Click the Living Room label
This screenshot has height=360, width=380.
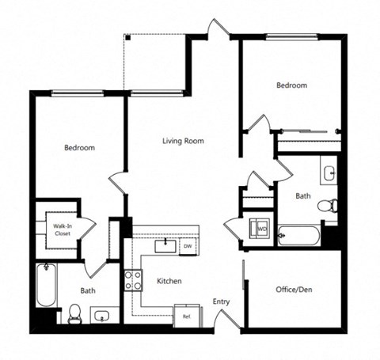183,142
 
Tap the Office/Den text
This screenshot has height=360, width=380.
294,289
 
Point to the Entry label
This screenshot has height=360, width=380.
222,301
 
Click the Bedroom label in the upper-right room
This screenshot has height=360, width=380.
291,85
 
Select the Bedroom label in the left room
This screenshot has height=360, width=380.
79,148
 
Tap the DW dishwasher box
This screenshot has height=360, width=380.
188,246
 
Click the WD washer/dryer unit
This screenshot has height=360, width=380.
260,229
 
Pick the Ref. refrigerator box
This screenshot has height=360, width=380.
187,316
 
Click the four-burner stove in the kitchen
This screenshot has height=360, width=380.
132,280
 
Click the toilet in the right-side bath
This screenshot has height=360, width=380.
327,207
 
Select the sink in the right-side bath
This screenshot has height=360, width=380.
329,171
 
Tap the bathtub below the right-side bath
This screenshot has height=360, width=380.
299,235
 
